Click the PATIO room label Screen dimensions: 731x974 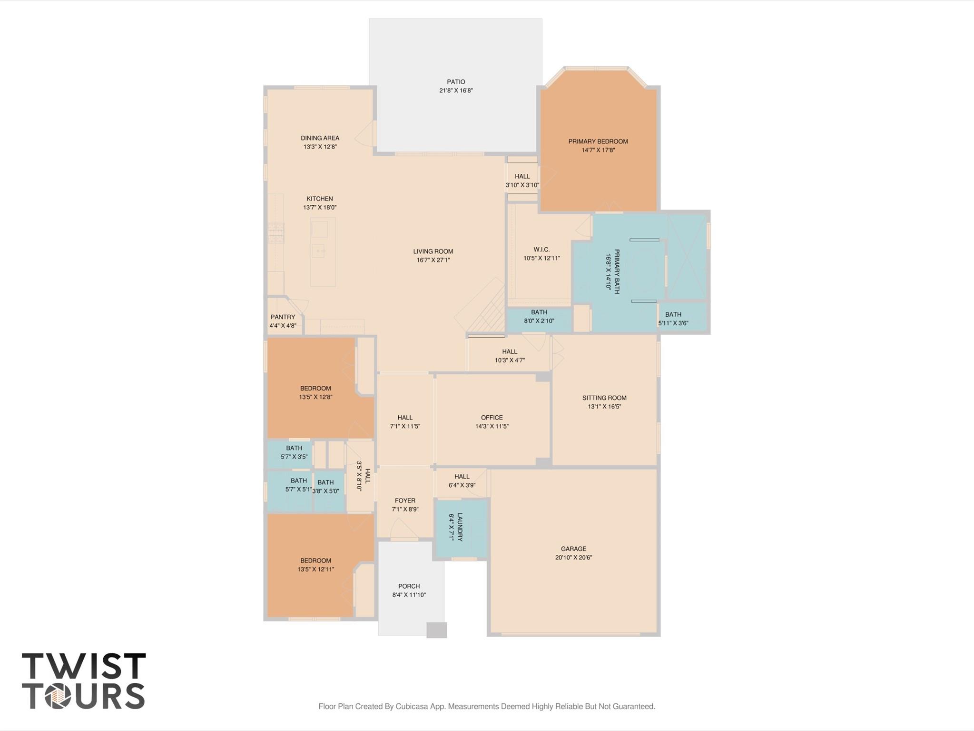[x=455, y=82]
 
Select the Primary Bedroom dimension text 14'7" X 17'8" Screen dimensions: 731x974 [x=598, y=150]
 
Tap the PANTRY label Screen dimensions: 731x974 [x=283, y=317]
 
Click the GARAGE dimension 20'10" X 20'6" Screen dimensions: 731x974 [x=573, y=558]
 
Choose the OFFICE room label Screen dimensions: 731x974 [x=492, y=418]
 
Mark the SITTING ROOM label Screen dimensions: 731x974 [x=604, y=398]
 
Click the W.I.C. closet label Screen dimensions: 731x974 [x=541, y=250]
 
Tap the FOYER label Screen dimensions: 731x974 [x=405, y=501]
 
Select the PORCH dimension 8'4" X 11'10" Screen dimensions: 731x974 [x=409, y=595]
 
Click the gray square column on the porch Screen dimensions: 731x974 [x=436, y=630]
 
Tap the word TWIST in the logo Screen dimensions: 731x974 [x=84, y=666]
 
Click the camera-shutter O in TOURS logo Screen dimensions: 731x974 [x=58, y=696]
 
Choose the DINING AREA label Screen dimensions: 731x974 [x=320, y=138]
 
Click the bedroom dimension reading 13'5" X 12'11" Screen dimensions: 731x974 [x=315, y=569]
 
